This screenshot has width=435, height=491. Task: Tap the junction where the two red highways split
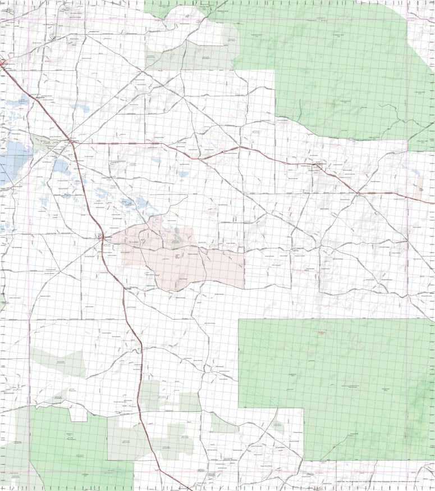(72, 141)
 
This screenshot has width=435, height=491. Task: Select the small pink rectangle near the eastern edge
(420, 190)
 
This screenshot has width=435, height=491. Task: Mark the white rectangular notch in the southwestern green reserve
(78, 415)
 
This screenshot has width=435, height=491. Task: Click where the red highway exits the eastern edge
(433, 202)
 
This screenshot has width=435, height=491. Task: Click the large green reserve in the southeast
(337, 382)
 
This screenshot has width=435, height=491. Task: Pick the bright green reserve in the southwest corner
(62, 449)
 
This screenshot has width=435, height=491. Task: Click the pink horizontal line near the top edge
(112, 19)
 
